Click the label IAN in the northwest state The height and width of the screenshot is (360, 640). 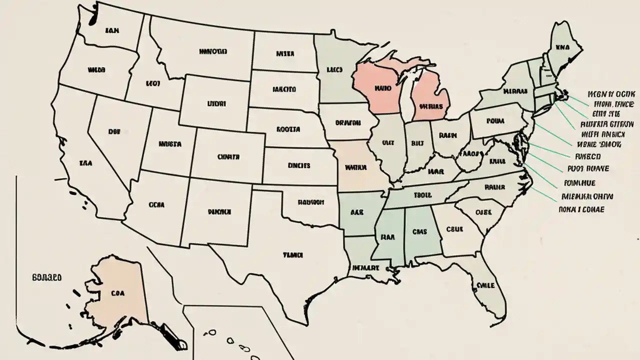(x=112, y=30)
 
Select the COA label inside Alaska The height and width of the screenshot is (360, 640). (x=118, y=294)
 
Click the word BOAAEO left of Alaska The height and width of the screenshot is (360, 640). (x=46, y=276)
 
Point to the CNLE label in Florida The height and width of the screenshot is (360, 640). (x=485, y=285)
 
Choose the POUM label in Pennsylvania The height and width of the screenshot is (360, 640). (x=495, y=121)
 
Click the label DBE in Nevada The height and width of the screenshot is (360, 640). (x=114, y=131)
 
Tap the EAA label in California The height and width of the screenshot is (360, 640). (x=85, y=162)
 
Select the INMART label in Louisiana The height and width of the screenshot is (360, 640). (x=366, y=268)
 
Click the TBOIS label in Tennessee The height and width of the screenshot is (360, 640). (x=423, y=195)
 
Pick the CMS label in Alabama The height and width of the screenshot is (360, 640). (x=420, y=231)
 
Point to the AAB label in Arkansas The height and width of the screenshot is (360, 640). (x=356, y=212)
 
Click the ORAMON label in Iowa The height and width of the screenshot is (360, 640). (x=348, y=121)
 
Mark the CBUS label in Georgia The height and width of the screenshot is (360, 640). (x=455, y=229)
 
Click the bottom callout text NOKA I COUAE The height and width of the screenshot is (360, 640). (x=581, y=209)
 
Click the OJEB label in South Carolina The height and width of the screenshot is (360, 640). (x=483, y=211)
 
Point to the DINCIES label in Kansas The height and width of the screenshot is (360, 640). (x=299, y=165)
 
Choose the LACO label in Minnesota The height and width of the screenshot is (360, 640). (x=334, y=70)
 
